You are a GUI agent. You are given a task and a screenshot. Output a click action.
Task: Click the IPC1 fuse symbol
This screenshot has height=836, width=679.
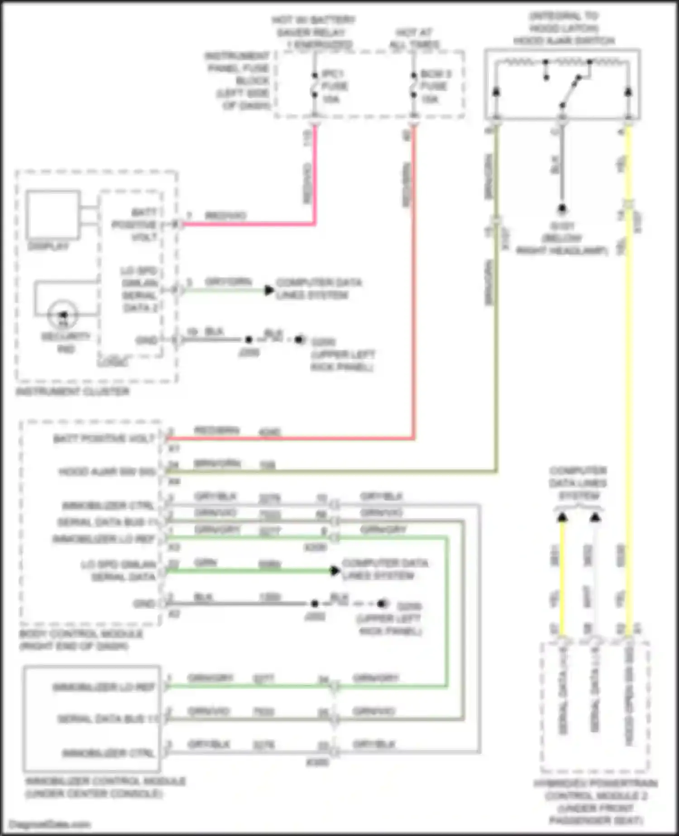[315, 85]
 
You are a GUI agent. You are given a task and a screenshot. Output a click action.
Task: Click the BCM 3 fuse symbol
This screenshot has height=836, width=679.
[413, 85]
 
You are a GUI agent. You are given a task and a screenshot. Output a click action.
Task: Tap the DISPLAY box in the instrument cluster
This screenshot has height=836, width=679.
[53, 215]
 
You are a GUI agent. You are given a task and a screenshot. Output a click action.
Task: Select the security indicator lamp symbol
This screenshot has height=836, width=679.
[63, 314]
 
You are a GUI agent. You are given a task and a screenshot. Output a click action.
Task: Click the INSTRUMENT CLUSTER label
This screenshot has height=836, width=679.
[72, 391]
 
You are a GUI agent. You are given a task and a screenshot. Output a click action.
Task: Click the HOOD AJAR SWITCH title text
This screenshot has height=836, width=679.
[564, 41]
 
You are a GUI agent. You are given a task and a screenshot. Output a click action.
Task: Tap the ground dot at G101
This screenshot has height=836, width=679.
[562, 209]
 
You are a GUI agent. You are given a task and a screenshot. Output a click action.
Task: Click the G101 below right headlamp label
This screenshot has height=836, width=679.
[562, 238]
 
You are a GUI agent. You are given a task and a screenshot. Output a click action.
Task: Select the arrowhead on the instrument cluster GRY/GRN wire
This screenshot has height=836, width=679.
[269, 290]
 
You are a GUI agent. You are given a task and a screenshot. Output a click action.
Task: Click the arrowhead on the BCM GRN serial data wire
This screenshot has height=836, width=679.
[335, 571]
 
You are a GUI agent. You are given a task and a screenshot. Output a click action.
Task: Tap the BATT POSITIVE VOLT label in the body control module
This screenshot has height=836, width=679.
[104, 439]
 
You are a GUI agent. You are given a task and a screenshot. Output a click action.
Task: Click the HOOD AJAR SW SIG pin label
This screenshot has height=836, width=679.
[107, 472]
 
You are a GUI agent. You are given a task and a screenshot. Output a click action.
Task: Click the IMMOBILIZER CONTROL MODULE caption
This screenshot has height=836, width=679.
[105, 781]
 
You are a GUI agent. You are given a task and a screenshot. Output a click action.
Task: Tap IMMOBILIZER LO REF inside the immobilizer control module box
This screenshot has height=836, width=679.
[104, 687]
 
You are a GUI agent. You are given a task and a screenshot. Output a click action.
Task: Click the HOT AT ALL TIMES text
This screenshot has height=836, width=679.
[415, 38]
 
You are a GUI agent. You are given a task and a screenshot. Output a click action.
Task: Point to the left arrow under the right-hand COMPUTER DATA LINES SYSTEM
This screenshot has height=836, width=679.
[562, 517]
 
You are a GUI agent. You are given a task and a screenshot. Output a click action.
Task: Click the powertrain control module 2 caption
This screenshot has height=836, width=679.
[596, 796]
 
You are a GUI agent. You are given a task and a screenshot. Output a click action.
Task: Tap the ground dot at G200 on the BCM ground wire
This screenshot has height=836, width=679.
[383, 603]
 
